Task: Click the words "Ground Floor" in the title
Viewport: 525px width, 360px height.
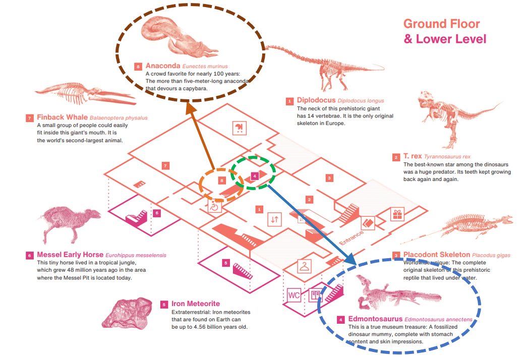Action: tap(441, 24)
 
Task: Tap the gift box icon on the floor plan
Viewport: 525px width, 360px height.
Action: tap(398, 214)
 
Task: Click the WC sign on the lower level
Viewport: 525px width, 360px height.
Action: tap(294, 295)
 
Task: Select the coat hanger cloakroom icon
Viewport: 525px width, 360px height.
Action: tap(305, 266)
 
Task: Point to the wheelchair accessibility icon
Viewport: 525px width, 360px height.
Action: tap(214, 206)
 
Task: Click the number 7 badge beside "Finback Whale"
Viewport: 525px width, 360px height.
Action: tap(29, 118)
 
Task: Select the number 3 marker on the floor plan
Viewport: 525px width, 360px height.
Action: tap(329, 178)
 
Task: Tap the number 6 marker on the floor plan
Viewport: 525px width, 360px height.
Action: tap(157, 213)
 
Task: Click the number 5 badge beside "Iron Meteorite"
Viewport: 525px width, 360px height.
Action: tap(164, 304)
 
